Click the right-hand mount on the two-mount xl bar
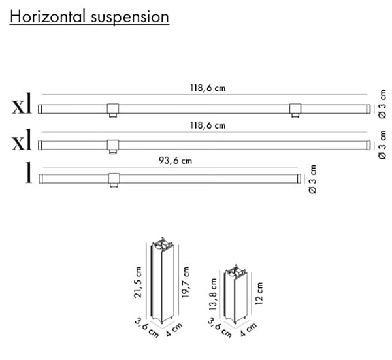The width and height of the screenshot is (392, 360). tap(295, 108)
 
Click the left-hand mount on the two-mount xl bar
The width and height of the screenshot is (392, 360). tap(112, 108)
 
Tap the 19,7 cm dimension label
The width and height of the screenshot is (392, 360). tap(186, 280)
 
